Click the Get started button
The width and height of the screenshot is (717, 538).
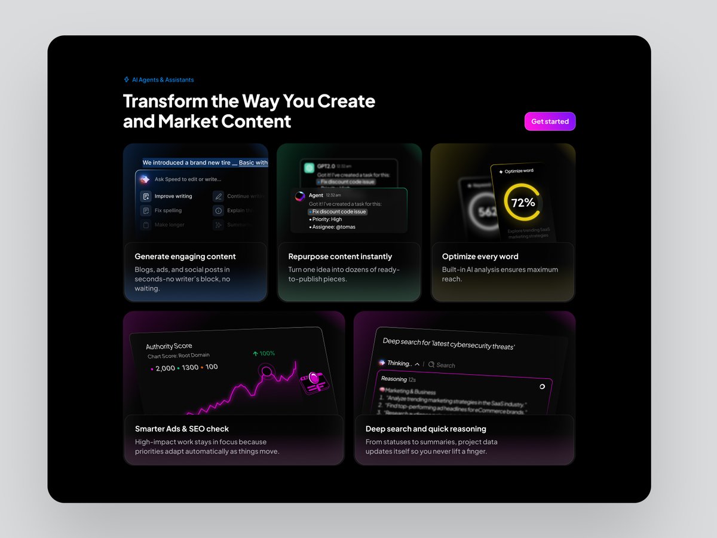point(550,121)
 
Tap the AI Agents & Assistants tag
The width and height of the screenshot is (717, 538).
point(163,80)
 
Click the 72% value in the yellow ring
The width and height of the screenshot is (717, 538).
point(523,203)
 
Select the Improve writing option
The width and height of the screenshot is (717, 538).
point(173,196)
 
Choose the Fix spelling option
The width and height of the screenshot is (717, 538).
point(168,210)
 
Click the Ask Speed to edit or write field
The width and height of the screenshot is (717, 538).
point(188,179)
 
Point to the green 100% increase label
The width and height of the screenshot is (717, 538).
point(263,353)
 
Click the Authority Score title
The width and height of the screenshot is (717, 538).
point(169,346)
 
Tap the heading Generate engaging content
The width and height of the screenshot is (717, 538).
point(185,256)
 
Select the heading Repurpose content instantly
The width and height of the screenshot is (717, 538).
point(340,256)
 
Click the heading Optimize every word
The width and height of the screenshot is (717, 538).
point(480,256)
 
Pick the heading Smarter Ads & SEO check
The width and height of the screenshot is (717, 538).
point(182,429)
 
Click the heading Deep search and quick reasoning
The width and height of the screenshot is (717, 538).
point(425,429)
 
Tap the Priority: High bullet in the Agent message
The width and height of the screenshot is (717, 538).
point(326,219)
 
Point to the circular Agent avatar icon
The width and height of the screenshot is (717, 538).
point(300,195)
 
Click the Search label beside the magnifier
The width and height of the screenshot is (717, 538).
point(445,365)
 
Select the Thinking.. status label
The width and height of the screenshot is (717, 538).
point(399,363)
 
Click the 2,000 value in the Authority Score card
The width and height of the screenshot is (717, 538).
point(165,368)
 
